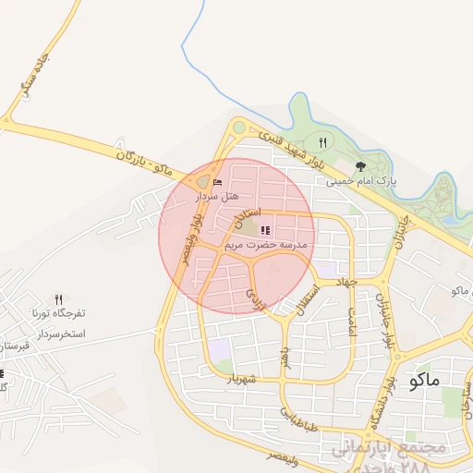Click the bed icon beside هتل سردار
click(x=218, y=182)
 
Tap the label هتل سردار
click(x=218, y=196)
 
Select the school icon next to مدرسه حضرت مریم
click(x=266, y=230)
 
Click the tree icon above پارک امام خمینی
click(x=360, y=167)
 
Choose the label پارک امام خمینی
click(x=360, y=182)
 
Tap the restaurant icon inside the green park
click(x=322, y=142)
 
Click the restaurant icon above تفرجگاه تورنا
click(x=59, y=299)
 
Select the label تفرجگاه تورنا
click(x=58, y=314)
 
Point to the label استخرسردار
click(x=58, y=332)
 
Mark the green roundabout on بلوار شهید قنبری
click(x=239, y=127)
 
